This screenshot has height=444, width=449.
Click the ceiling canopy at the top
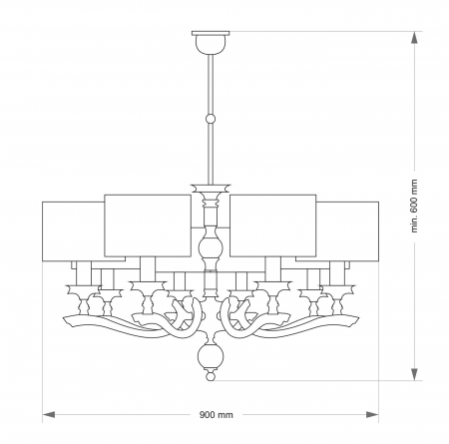click(x=210, y=41)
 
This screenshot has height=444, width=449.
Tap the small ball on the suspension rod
click(x=210, y=120)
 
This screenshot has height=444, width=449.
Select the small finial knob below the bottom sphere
click(x=210, y=376)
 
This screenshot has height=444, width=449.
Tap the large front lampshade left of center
click(x=147, y=224)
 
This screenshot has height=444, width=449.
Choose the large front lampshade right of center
click(x=273, y=224)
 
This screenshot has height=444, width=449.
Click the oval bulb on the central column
click(x=210, y=246)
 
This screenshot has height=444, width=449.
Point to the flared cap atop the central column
click(x=210, y=188)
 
